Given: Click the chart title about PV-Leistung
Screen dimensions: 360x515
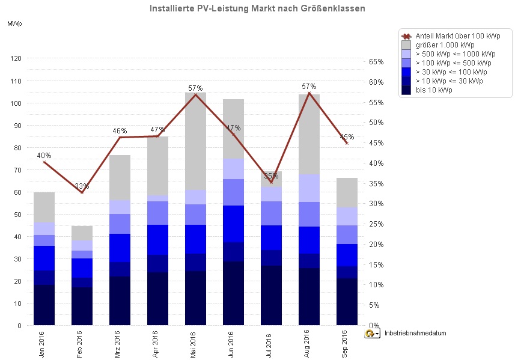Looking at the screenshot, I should tap(257, 9).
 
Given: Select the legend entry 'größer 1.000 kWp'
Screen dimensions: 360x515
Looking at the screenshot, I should tap(445, 44).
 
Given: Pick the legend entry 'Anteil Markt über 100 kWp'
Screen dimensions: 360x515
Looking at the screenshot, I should tap(457, 35).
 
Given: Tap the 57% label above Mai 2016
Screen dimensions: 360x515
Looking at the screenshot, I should tap(195, 88).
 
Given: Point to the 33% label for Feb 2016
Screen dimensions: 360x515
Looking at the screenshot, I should tap(82, 186).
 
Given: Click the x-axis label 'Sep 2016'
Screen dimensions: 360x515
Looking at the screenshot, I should tap(346, 343).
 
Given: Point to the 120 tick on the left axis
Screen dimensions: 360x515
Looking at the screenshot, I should tap(15, 58).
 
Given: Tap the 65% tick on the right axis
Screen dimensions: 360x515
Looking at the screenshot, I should tap(376, 62).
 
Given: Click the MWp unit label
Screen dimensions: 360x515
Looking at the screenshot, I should tap(14, 23).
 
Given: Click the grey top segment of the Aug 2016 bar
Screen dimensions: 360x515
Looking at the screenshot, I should tap(308, 134).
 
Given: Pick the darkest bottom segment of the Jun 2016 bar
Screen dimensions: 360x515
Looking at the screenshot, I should tap(233, 293).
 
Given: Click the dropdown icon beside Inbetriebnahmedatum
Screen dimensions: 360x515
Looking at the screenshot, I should tap(372, 333).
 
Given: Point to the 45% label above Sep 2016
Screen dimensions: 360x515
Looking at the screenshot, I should tap(346, 136).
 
